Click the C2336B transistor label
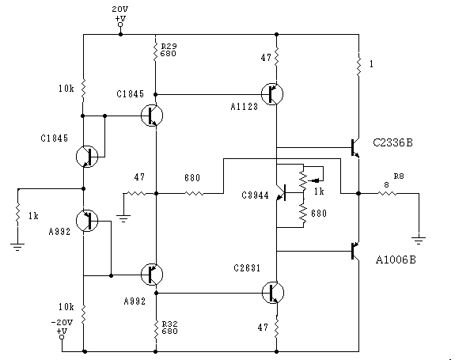392,142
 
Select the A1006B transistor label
396,260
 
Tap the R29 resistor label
169,46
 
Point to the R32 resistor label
169,324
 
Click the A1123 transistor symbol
272,94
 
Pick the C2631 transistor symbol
273,293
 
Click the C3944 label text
256,195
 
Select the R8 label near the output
399,176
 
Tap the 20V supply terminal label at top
119,9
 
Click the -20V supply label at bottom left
62,322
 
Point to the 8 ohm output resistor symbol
388,193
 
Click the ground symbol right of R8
419,241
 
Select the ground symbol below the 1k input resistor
17,247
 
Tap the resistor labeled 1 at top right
359,66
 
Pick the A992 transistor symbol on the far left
87,221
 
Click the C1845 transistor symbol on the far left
87,157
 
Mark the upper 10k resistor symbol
83,89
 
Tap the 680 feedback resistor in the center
194,193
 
